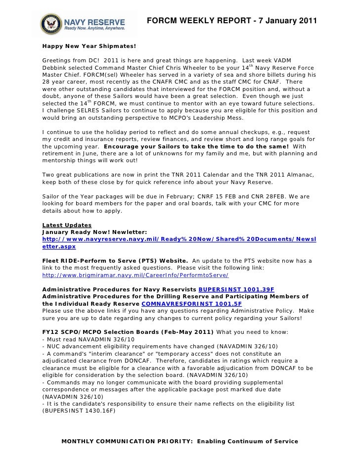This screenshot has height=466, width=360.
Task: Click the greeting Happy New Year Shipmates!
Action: coord(89,46)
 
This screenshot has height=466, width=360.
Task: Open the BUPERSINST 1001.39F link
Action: coord(236,289)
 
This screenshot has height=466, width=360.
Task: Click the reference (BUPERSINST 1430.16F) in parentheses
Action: coord(79,410)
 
